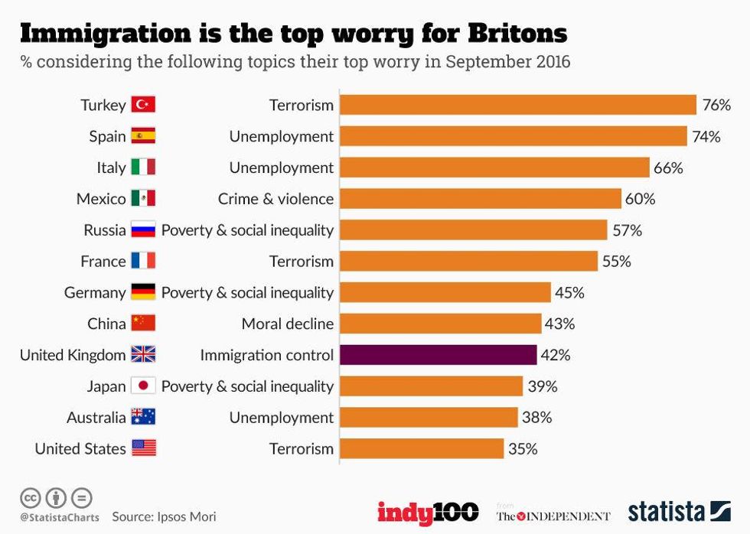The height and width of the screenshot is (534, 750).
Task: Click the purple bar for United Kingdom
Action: [x=438, y=355]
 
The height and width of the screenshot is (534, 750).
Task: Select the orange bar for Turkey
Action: [x=518, y=105]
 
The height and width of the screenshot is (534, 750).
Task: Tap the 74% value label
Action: [x=706, y=136]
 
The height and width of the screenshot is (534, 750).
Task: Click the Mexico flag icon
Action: [x=143, y=199]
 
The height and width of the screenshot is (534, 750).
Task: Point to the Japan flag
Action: [x=143, y=386]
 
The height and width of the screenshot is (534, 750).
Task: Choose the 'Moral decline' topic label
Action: [x=287, y=324]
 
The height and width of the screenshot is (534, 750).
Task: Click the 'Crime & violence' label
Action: [x=276, y=199]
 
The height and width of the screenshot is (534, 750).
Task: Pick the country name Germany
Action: [x=95, y=292]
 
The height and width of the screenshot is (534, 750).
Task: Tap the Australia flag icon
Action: [x=143, y=418]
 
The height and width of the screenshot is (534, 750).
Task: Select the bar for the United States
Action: [x=422, y=449]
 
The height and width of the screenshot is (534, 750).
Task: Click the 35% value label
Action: [x=523, y=449]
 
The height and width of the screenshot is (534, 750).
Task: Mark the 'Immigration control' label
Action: [x=266, y=355]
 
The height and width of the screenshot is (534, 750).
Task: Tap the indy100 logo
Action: [x=428, y=512]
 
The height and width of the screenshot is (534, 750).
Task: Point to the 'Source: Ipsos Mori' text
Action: [x=165, y=516]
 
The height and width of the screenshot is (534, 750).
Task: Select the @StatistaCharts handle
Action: [x=60, y=517]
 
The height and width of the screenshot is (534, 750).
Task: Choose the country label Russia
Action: [x=105, y=230]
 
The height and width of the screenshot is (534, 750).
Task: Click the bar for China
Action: [x=440, y=324]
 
